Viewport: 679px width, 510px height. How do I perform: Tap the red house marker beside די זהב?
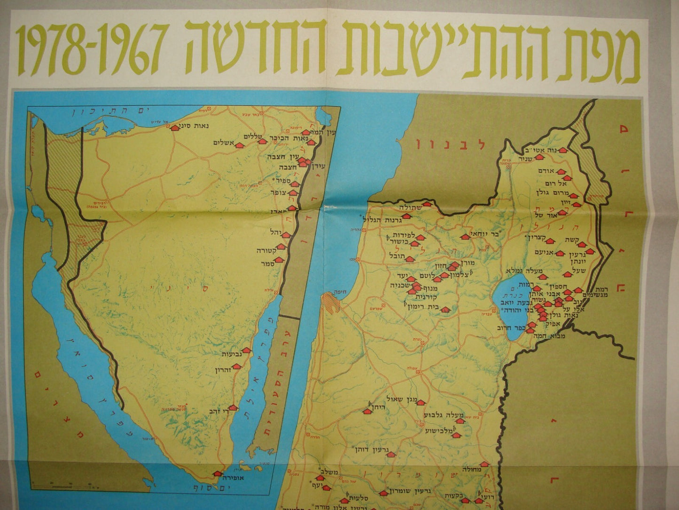point(232,407)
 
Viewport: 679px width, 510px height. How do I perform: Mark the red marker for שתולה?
point(427,204)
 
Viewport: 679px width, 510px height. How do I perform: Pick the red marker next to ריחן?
point(367,411)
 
